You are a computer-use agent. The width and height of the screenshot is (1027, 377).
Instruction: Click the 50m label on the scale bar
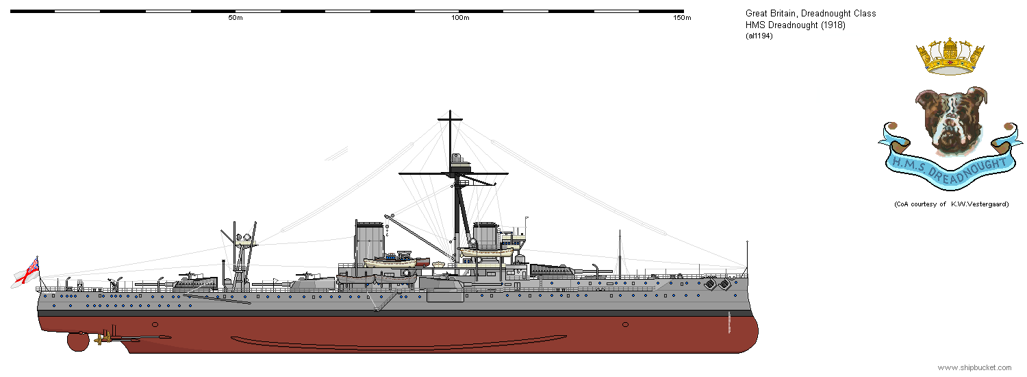tap(236, 17)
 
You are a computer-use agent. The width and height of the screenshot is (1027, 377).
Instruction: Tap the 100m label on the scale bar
tap(460, 17)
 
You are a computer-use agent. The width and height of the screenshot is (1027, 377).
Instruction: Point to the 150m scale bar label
tap(682, 17)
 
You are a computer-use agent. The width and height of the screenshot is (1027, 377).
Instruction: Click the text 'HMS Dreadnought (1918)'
tap(796, 25)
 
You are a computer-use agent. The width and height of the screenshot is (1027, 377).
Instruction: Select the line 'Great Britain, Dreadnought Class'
tap(811, 13)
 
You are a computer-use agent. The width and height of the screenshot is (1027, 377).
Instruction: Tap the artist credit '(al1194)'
tap(759, 36)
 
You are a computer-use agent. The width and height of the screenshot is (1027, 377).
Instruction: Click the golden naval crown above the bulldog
tap(950, 56)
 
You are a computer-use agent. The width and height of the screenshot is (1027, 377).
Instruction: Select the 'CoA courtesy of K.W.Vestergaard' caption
tap(952, 204)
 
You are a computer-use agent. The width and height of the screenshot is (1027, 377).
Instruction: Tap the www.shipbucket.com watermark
tap(974, 367)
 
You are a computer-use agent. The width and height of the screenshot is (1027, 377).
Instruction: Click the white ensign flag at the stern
tap(26, 273)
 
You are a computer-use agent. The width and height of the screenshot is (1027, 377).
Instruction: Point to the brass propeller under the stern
tap(105, 339)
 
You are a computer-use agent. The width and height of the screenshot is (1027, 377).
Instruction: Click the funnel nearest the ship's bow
tap(485, 236)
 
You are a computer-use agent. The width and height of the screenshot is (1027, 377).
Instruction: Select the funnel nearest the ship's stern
tap(369, 243)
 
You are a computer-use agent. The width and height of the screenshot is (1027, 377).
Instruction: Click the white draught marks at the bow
tap(729, 322)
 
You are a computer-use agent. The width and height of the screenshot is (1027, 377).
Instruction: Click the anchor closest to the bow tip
tap(724, 284)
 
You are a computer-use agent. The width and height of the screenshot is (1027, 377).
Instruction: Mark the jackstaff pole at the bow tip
tap(748, 256)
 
